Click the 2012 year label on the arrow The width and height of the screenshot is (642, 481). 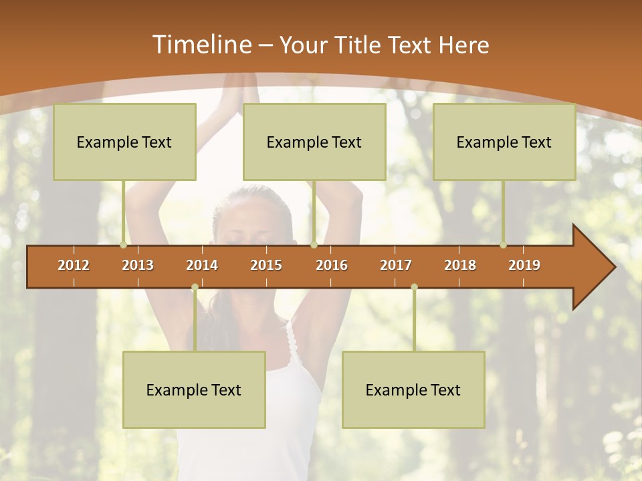point(74,265)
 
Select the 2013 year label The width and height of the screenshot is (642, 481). point(138,265)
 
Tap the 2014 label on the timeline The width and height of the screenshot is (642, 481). point(202,265)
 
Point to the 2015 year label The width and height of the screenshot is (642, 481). point(266,265)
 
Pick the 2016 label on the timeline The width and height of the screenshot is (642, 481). point(332,265)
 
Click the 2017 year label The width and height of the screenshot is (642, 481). point(396,265)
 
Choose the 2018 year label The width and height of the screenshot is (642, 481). point(460,265)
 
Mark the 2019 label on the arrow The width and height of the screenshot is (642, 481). point(524,265)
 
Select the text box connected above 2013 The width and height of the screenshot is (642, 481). point(124,142)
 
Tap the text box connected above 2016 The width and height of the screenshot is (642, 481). point(314,142)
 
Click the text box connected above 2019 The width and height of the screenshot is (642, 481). point(504,142)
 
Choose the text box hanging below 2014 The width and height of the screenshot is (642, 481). point(194,389)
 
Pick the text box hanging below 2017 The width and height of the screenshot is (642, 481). point(413,389)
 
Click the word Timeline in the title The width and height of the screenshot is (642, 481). point(201,45)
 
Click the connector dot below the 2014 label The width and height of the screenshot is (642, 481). point(195,287)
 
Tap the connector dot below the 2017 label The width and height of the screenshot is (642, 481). point(414,287)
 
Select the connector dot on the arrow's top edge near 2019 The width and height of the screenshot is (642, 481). point(504,245)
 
